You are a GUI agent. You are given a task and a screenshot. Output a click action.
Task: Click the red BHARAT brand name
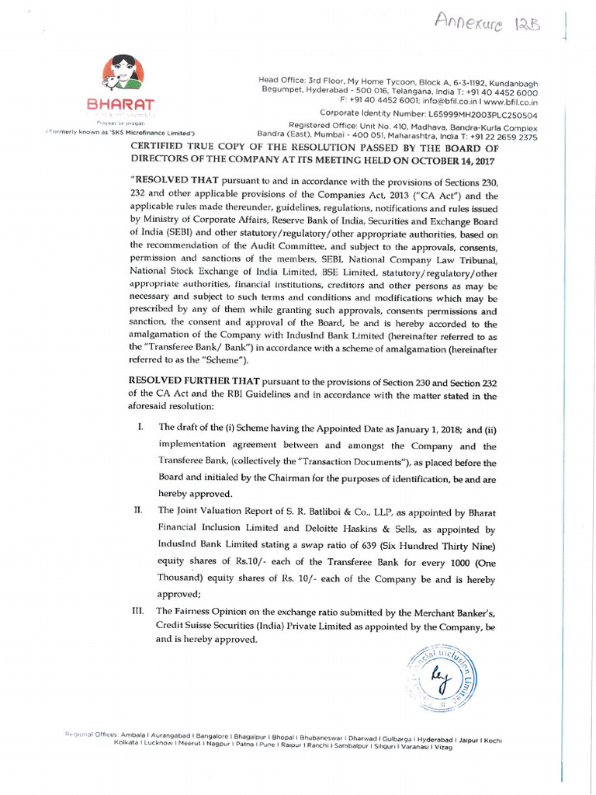[x=120, y=104]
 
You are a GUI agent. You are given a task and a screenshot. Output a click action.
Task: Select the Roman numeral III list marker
[x=140, y=611]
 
